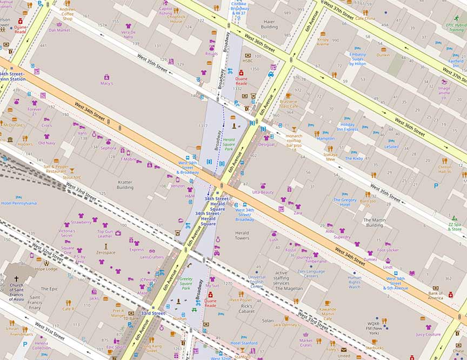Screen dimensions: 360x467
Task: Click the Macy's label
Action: pos(106,83)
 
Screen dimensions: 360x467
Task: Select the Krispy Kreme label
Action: pos(323,42)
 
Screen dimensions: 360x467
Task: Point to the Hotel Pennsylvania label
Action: pos(19,203)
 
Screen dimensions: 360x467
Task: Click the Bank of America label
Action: pos(435,296)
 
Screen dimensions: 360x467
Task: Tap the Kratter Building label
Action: pos(125,185)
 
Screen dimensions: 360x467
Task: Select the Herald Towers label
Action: pos(242,236)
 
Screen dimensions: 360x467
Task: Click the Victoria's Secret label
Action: pos(66,234)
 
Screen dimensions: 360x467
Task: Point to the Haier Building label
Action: pos(269,24)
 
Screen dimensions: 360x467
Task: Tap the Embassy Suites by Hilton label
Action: pos(357,59)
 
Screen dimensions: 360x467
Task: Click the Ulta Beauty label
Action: pos(263,192)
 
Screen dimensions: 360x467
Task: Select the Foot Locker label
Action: pos(388,250)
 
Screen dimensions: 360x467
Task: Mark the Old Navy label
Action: pos(46,143)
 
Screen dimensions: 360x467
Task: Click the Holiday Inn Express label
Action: pos(348,127)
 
